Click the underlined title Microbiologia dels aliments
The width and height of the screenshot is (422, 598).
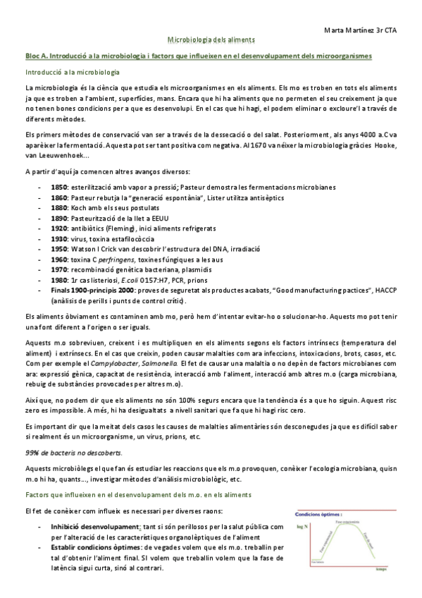click(x=211, y=42)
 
